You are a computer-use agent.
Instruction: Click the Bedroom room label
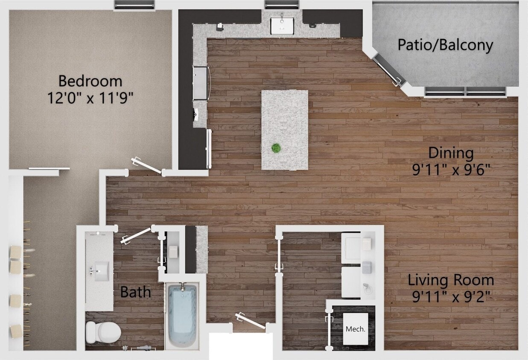(90, 81)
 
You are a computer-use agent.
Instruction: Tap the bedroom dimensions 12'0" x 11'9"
(90, 98)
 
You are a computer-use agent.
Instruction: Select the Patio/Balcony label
(445, 45)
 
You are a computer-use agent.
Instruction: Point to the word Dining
(451, 153)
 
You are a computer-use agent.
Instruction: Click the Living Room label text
(451, 280)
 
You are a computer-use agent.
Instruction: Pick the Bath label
(135, 292)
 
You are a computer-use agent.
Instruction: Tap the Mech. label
(355, 329)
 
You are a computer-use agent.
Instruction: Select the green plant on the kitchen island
(276, 148)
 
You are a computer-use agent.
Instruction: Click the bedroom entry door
(147, 165)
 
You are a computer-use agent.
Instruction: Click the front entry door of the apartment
(251, 321)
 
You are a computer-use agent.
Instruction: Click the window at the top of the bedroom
(134, 5)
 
